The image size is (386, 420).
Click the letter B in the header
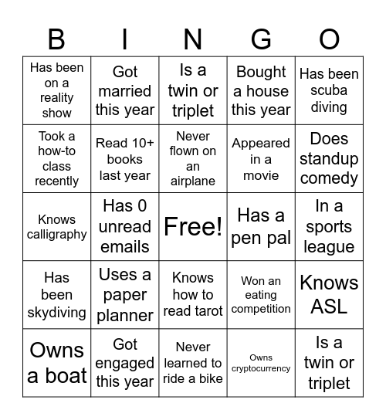(56, 39)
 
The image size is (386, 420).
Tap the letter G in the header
(261, 39)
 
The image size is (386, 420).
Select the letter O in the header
(329, 39)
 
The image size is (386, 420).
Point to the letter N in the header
(193, 39)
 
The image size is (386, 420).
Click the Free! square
(193, 226)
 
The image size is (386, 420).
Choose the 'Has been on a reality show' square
(57, 90)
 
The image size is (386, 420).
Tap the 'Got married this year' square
(124, 90)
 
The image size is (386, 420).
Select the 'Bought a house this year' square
(261, 90)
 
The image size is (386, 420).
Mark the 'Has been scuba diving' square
(329, 90)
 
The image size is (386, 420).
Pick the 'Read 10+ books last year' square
(124, 158)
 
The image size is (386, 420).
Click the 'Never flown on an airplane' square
(193, 158)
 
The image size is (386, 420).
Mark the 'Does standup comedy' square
(329, 158)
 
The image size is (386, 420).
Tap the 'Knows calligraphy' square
(57, 226)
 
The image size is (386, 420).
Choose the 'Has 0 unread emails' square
(124, 226)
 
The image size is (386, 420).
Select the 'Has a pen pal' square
(261, 226)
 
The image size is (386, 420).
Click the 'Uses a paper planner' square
(124, 294)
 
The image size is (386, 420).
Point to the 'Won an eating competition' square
(261, 294)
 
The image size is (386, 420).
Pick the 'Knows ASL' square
(329, 294)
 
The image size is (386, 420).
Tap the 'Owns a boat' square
(57, 362)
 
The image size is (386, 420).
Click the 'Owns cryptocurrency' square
(261, 362)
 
